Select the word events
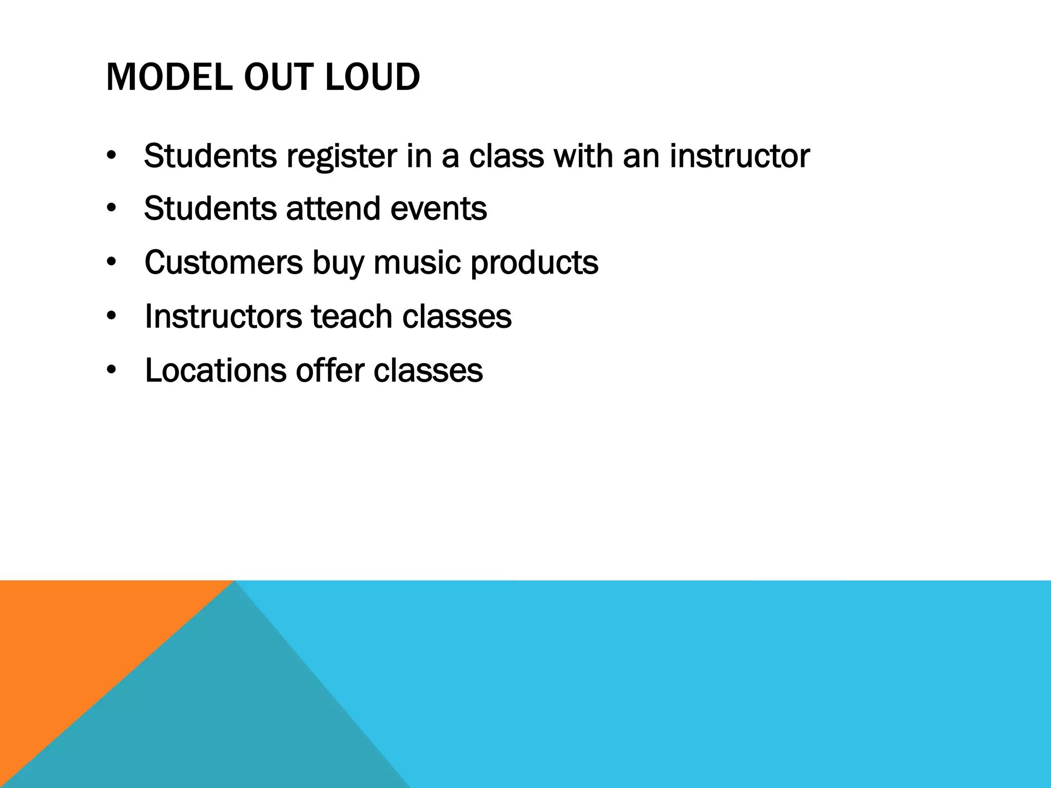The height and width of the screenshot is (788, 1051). [438, 209]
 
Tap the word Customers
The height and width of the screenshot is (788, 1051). [224, 263]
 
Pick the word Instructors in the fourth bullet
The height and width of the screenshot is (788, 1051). [223, 317]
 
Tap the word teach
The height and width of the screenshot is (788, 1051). [352, 317]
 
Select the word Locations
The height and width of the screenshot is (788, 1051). [216, 370]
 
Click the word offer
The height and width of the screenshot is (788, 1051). [329, 370]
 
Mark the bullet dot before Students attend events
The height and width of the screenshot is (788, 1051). [112, 209]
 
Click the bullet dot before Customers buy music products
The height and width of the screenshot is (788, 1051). [112, 263]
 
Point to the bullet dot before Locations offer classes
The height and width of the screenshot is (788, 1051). [112, 370]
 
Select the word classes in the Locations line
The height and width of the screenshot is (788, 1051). [428, 370]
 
